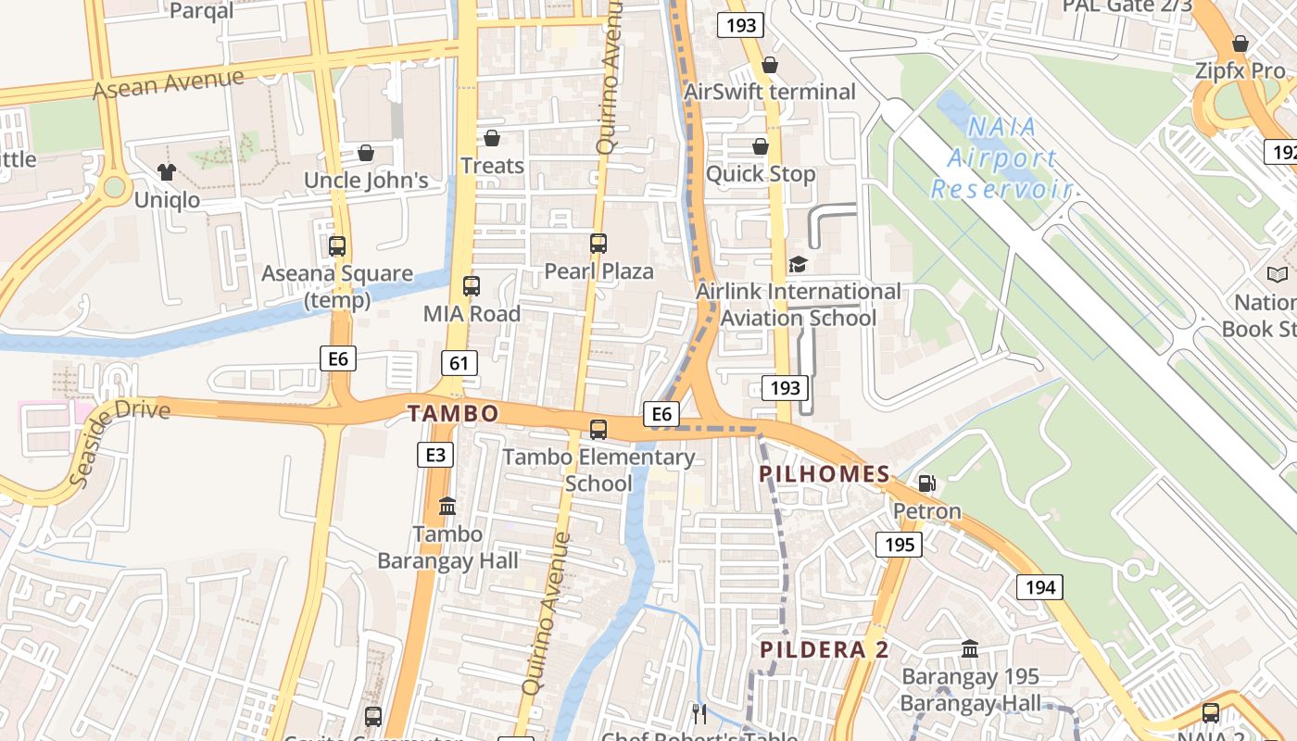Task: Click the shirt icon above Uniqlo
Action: click(167, 171)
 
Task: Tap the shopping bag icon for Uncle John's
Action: click(366, 153)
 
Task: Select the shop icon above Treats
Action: click(492, 138)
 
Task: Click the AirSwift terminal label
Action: click(770, 92)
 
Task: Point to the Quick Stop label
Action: click(761, 173)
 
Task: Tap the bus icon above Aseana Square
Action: click(337, 246)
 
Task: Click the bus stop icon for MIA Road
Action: click(472, 286)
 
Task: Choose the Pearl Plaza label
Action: click(598, 271)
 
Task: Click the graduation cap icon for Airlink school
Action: click(798, 265)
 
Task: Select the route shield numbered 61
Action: click(460, 362)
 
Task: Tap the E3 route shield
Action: click(434, 455)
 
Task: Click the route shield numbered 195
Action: click(899, 544)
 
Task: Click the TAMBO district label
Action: click(453, 414)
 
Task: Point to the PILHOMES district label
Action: click(825, 474)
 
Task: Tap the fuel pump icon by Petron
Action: click(926, 484)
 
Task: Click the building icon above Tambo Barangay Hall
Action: click(447, 507)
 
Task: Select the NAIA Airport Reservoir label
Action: click(1001, 158)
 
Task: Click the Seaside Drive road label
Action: click(120, 441)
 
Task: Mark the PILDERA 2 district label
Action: click(825, 649)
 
